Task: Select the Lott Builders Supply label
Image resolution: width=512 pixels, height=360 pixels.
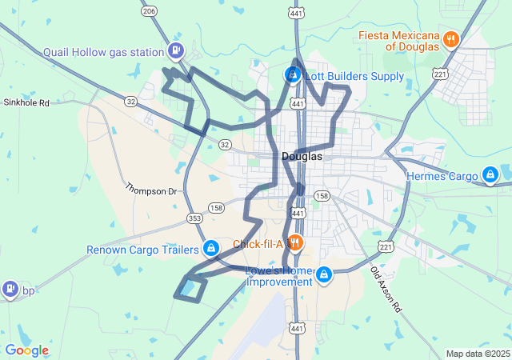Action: point(354,76)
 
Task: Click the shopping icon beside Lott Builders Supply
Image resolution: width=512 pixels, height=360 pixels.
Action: point(292,75)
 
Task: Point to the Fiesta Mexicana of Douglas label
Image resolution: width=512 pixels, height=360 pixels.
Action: point(399,40)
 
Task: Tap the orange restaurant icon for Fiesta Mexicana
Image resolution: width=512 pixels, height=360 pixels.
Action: point(451,38)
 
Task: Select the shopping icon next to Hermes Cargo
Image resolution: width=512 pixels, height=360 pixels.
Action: point(490,174)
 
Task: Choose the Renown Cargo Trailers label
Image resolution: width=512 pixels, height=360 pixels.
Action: point(141,249)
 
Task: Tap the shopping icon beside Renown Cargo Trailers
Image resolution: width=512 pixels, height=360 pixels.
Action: point(210,248)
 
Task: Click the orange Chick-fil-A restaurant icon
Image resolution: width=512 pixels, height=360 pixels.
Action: point(294,242)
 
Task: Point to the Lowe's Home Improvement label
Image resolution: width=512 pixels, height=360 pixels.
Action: point(279,275)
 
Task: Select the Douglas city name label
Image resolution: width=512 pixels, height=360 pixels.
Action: point(302,156)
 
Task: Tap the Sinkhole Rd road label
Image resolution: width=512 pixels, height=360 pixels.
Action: point(26,102)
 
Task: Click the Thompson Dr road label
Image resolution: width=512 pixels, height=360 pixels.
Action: point(150,190)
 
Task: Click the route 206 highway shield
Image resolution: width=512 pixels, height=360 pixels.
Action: point(150,10)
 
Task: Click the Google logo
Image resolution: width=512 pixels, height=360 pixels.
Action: point(26,350)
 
